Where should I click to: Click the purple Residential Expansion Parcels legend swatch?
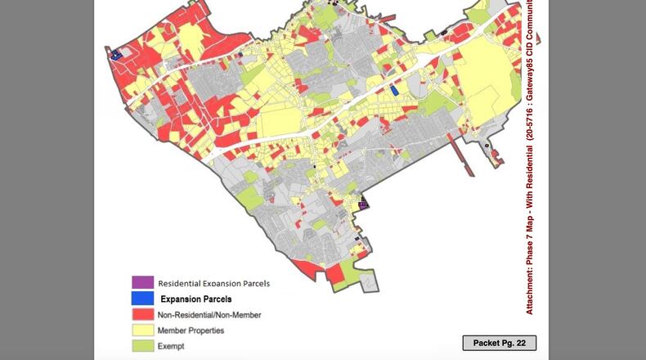point(142,282)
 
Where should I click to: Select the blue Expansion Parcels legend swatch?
point(142,299)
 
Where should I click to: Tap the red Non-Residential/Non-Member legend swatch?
point(142,314)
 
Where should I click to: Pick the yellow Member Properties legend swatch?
point(142,331)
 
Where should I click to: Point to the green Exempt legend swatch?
point(142,346)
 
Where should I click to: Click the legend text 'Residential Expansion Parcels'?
point(213,283)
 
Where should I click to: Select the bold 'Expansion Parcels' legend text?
point(195,299)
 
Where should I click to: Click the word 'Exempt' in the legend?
point(171,346)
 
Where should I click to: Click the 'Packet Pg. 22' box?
point(499,343)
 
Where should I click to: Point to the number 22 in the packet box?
point(520,343)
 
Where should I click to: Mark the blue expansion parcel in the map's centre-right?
point(394,91)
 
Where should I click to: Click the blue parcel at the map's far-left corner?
point(115,54)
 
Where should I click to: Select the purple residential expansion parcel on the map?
point(364,202)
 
